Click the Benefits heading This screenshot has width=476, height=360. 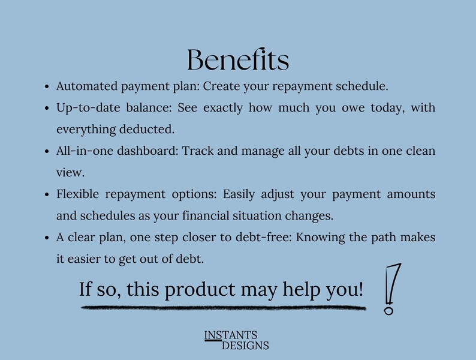pyautogui.click(x=238, y=60)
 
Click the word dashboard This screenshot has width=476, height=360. pyautogui.click(x=146, y=151)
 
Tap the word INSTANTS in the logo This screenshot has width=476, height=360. pyautogui.click(x=231, y=335)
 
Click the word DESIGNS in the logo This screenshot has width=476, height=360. pyautogui.click(x=245, y=346)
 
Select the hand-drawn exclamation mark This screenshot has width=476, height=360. pyautogui.click(x=391, y=288)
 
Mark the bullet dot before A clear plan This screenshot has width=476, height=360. pyautogui.click(x=47, y=238)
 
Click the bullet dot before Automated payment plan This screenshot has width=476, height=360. pyautogui.click(x=47, y=87)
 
